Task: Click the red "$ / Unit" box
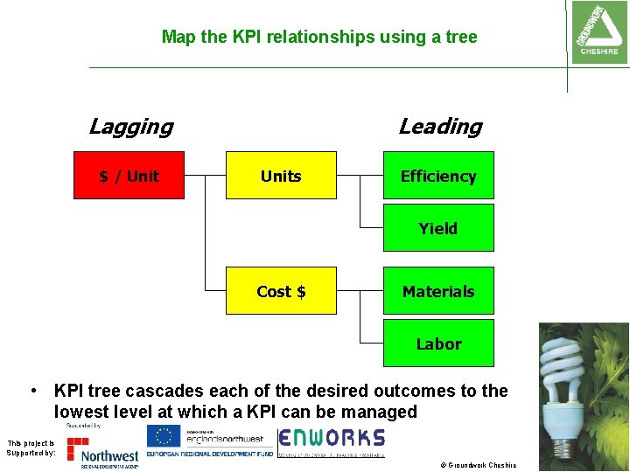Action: tap(129, 176)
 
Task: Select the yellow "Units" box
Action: tap(281, 176)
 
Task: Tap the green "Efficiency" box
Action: tap(438, 176)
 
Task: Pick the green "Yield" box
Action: tap(438, 228)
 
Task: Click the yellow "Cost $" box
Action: tap(281, 291)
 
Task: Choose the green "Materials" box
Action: tap(438, 291)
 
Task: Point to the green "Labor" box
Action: tap(438, 344)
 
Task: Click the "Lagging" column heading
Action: tap(131, 127)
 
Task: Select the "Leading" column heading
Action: tap(440, 127)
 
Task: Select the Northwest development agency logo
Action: tap(103, 449)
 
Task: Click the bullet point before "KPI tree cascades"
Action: tap(31, 390)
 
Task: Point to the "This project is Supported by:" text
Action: tap(31, 448)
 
